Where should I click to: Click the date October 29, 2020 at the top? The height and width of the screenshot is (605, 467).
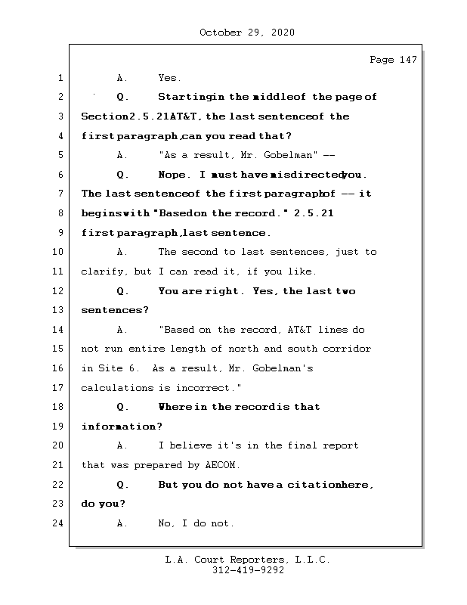[247, 33]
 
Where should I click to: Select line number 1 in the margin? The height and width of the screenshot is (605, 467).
[60, 78]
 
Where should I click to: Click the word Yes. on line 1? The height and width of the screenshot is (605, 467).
[169, 78]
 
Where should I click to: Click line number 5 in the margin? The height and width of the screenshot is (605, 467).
[60, 155]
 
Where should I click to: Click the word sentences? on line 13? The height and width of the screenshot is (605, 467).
[115, 310]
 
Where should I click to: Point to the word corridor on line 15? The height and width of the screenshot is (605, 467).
[346, 349]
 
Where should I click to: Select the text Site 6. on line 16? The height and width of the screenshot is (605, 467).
[116, 368]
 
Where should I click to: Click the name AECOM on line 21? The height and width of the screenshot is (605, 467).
[223, 465]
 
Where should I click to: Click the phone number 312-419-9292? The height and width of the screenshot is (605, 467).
[248, 571]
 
